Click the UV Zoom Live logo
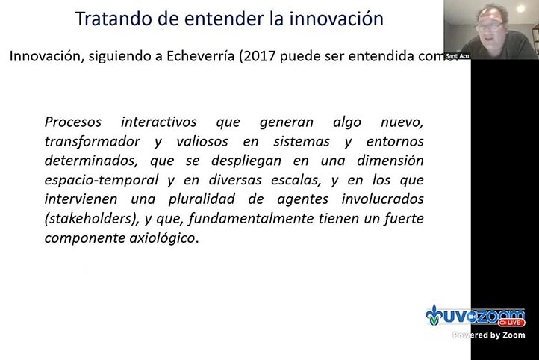click(475, 317)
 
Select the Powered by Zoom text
click(490, 335)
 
